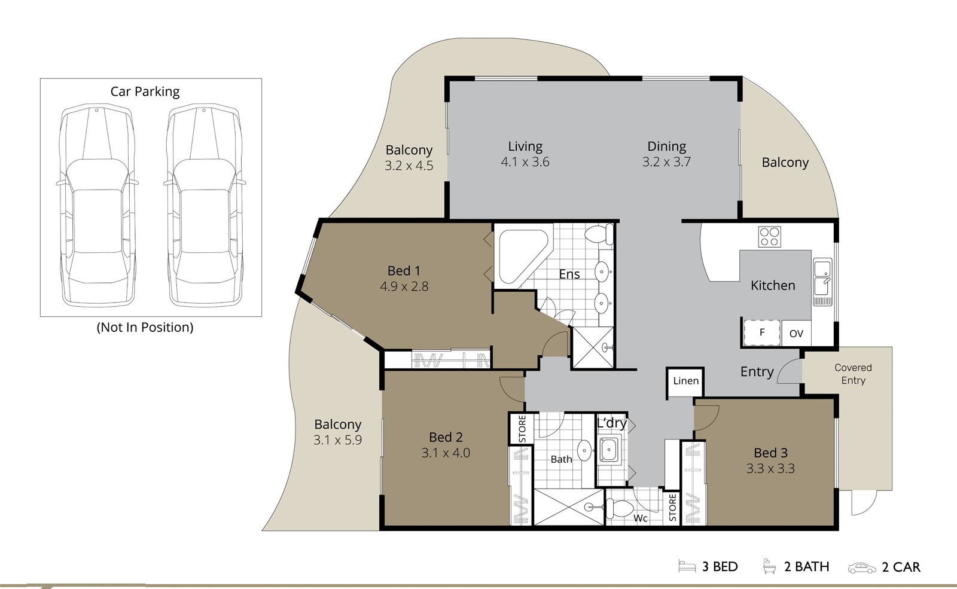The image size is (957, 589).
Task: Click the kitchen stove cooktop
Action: pos(769,237)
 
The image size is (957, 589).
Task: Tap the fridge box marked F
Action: pos(762,332)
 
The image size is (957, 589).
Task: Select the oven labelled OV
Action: pos(796,333)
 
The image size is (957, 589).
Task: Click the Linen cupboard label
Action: pos(685,380)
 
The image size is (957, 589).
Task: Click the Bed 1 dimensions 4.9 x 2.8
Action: pos(404,286)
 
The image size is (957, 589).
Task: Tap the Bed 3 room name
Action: pos(770,453)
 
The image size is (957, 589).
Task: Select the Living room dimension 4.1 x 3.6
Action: pos(525,162)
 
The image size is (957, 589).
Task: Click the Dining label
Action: pos(666,147)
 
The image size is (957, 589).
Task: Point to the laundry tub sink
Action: pos(609,450)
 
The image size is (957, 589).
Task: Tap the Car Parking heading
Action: pos(145,92)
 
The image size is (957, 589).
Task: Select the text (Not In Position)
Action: pos(145,327)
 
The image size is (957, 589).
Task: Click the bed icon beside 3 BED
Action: pos(687,566)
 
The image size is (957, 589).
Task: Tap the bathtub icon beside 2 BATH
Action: pos(769,566)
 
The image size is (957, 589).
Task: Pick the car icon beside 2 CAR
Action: pos(862,568)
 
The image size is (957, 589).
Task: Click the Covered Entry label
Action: pos(853,374)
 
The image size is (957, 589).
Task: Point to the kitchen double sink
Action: pos(822,282)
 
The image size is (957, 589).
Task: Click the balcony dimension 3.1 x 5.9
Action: pos(337,440)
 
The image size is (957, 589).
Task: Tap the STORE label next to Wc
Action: pos(672,508)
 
